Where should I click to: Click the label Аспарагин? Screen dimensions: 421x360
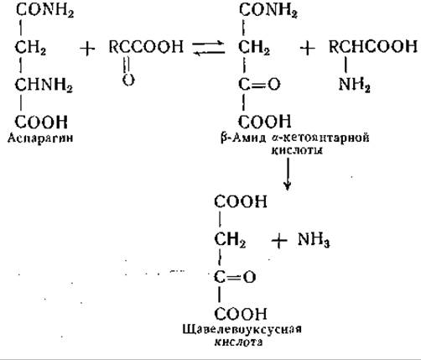point(40,138)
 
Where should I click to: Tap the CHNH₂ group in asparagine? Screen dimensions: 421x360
point(44,85)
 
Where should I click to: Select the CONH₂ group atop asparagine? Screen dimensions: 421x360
point(44,11)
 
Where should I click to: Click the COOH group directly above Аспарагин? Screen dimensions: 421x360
point(41,122)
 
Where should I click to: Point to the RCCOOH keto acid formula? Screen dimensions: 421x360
point(146,46)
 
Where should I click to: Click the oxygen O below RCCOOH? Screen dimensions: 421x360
point(128,80)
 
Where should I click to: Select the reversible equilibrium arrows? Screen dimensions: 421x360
point(209,48)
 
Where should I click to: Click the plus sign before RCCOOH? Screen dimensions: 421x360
point(87,49)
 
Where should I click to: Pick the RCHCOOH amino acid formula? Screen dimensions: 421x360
point(373,46)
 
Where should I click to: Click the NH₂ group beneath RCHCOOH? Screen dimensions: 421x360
point(354,84)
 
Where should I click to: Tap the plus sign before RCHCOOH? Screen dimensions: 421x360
point(307,48)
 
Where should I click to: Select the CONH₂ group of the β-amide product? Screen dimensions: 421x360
point(268,10)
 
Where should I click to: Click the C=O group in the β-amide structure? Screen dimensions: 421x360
point(259,84)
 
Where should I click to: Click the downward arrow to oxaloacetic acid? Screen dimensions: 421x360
point(288,174)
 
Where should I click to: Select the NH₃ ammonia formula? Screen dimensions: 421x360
point(314,240)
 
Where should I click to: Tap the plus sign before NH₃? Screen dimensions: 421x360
point(279,241)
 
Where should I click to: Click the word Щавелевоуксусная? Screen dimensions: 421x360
point(242,329)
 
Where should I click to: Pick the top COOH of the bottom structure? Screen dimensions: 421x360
point(241,201)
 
